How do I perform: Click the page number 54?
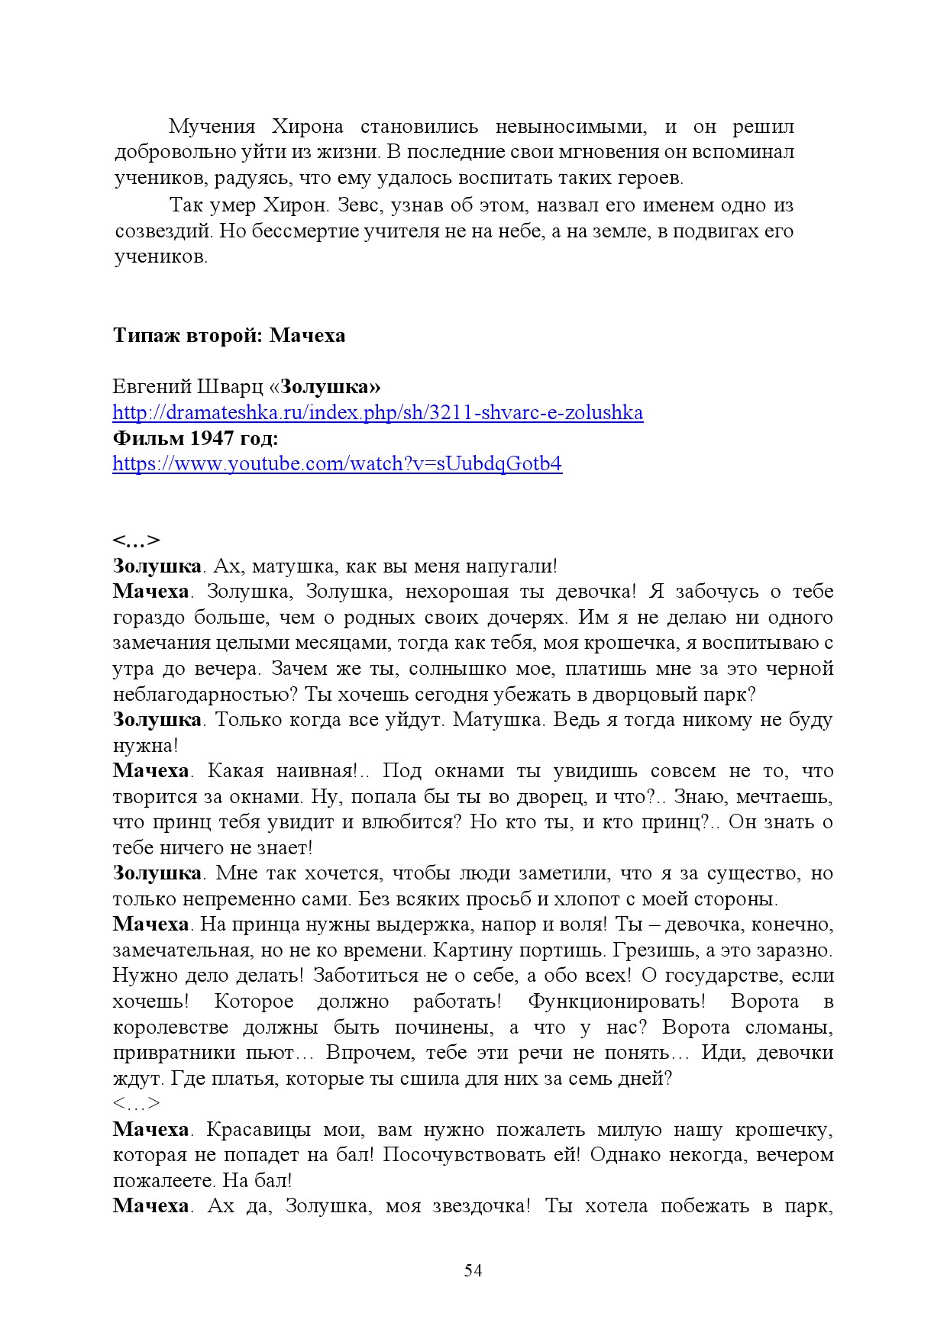click(x=473, y=1270)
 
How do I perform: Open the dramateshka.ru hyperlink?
click(x=377, y=413)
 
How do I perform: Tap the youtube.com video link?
click(x=337, y=464)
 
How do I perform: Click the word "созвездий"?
click(x=163, y=231)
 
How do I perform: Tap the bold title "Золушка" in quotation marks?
click(x=326, y=387)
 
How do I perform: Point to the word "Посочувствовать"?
click(x=473, y=1155)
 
